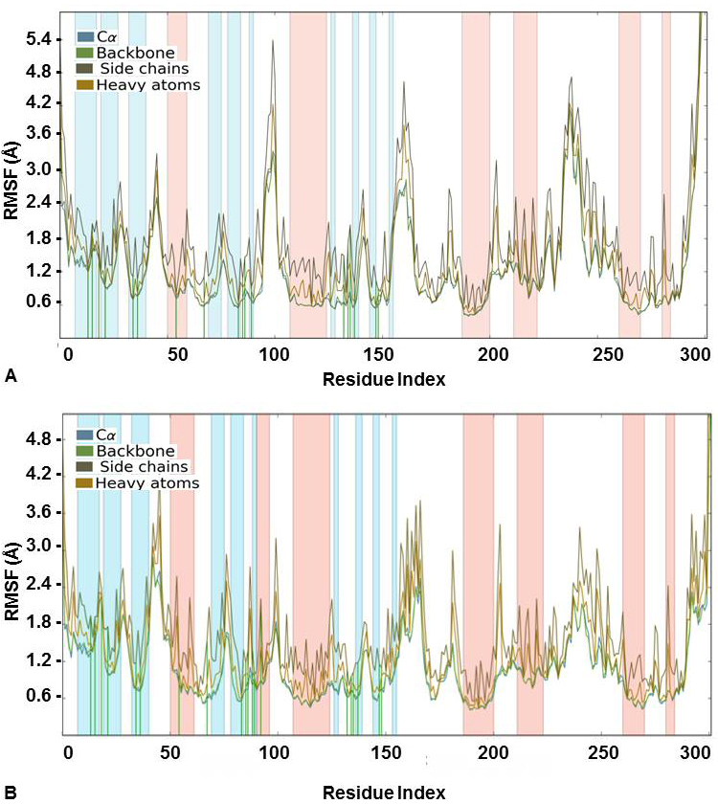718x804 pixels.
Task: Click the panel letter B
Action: point(11,793)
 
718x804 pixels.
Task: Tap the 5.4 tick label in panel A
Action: point(37,39)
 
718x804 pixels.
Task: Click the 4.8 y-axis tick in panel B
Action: point(37,438)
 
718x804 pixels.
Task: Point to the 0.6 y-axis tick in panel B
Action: point(37,695)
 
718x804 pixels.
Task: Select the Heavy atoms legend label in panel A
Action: point(148,85)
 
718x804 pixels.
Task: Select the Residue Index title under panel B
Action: point(383,793)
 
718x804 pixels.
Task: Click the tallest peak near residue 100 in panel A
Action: point(273,41)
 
